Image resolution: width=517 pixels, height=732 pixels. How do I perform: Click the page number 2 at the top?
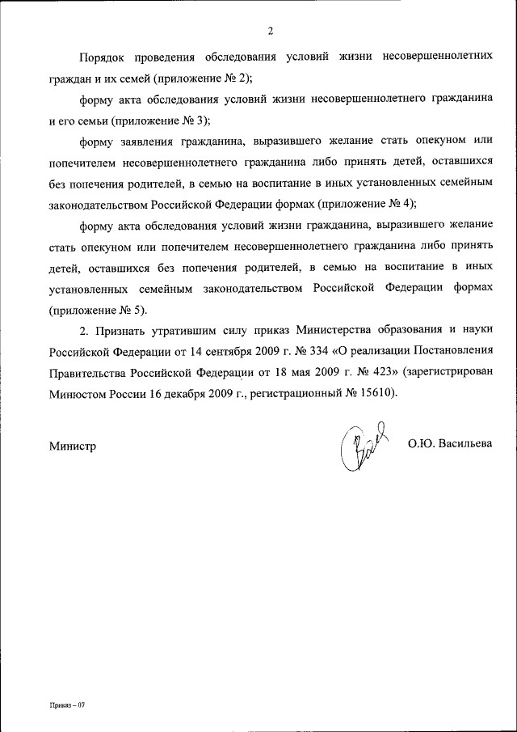tap(270, 32)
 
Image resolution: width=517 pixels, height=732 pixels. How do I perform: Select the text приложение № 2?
tap(207, 79)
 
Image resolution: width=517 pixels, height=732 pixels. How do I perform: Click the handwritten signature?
tap(360, 447)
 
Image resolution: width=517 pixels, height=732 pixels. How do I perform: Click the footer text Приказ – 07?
tap(66, 704)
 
